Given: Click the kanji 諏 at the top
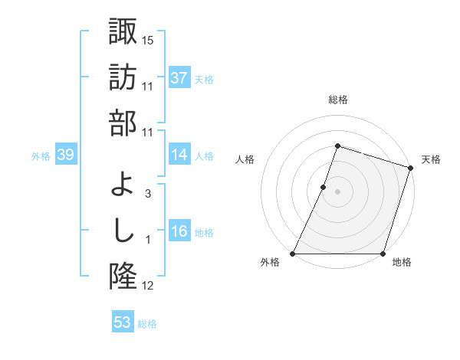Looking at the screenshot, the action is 123,31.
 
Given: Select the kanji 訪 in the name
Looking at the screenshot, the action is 123,77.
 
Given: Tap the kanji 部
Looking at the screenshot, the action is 123,123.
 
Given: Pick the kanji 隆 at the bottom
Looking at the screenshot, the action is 123,277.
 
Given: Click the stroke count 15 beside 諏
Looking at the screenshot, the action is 148,39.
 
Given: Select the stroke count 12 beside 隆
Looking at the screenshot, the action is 148,286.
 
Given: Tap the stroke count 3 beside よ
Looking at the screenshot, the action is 148,194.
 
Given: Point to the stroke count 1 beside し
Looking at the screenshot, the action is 148,241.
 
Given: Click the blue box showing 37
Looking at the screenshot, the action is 179,78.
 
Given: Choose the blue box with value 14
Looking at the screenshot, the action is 179,155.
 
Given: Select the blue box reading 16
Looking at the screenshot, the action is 179,232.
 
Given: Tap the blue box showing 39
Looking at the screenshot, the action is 65,155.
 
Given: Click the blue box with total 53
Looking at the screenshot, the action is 123,322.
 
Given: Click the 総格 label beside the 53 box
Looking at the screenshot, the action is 147,324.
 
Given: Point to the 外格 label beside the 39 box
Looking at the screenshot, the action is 41,156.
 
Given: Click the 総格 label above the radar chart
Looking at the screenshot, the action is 337,100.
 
